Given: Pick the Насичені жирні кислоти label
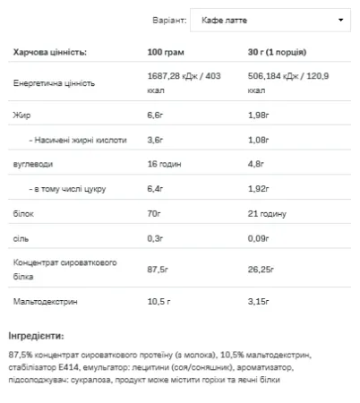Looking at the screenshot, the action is tap(78, 140).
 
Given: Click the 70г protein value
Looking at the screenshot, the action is tap(154, 214).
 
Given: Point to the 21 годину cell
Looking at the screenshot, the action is tap(265, 214).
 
